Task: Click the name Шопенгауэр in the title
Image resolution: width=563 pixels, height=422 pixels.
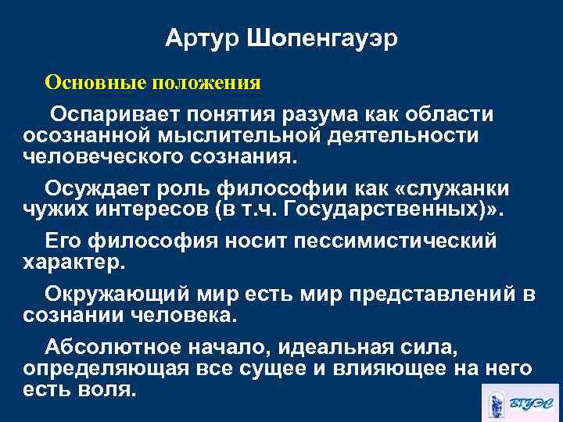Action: (322, 39)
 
